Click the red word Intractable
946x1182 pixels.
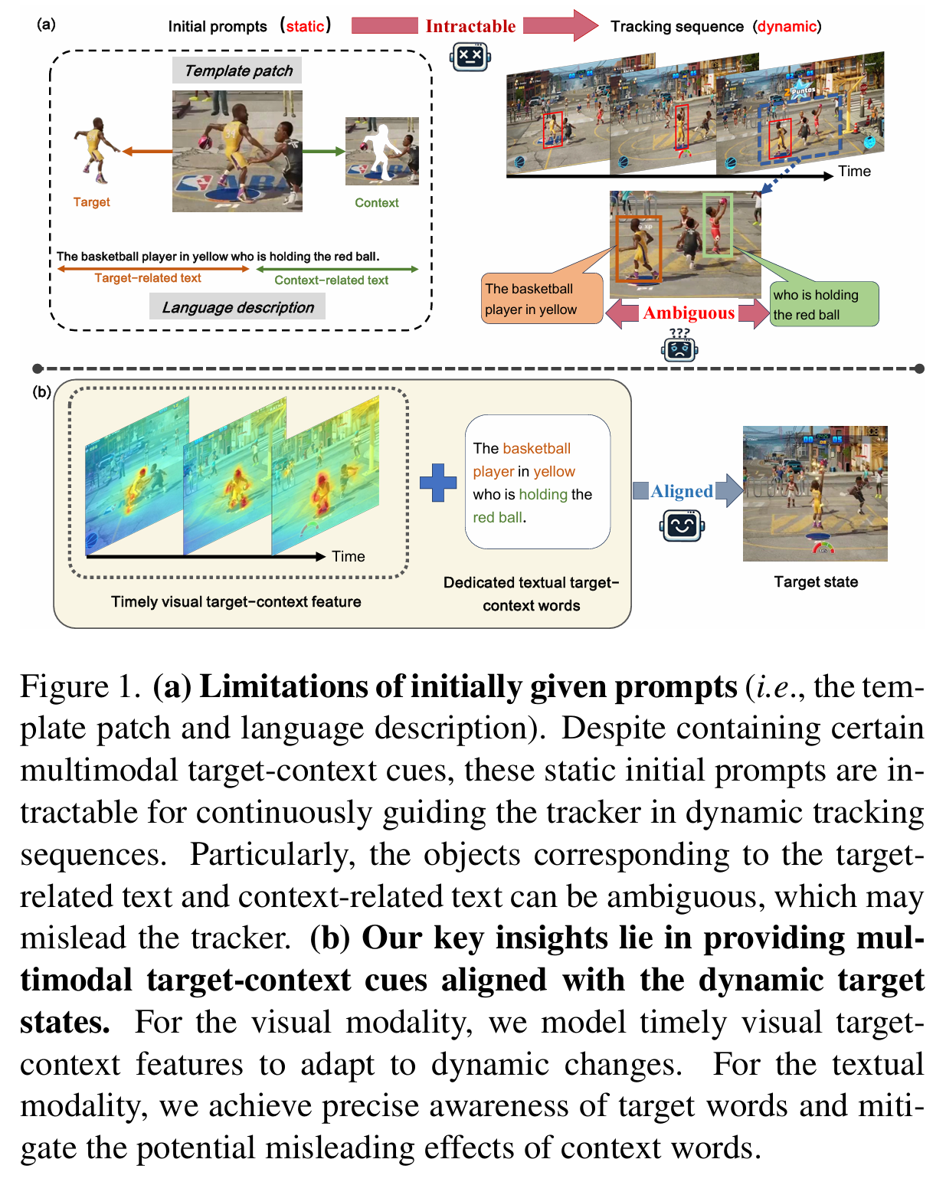point(470,26)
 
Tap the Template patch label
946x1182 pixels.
point(238,71)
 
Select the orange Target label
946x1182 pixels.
point(91,202)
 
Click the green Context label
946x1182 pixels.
point(376,203)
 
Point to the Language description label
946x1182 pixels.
point(237,308)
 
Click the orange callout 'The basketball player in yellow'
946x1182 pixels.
point(541,299)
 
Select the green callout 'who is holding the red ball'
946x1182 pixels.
point(823,305)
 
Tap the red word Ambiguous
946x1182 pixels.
point(689,313)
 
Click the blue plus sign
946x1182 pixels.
point(438,483)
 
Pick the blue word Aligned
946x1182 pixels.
point(682,491)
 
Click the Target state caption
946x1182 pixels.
point(816,582)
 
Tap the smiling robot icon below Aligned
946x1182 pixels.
point(682,526)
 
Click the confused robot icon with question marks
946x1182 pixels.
point(679,346)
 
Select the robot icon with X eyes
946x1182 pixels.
point(470,57)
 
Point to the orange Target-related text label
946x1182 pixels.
point(148,279)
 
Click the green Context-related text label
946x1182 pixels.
point(331,280)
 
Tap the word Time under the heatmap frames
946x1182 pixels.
point(349,557)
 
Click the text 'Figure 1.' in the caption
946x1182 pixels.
point(80,687)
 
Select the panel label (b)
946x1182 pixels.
point(41,392)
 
